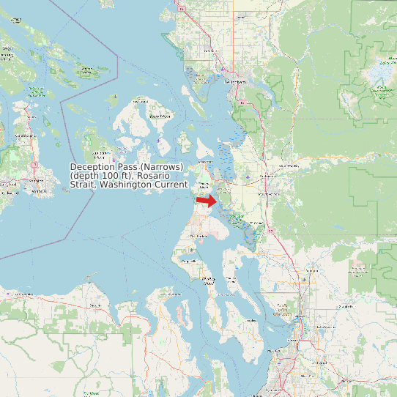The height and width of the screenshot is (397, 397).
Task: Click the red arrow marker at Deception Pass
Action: click(x=207, y=200)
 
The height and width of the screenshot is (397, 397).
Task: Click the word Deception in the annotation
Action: click(x=93, y=168)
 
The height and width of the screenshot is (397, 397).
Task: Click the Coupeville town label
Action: click(x=189, y=261)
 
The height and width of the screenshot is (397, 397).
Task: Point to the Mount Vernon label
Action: click(x=268, y=194)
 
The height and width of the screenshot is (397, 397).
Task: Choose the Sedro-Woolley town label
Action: click(x=288, y=167)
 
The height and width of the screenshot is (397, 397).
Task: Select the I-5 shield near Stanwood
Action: click(x=272, y=231)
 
